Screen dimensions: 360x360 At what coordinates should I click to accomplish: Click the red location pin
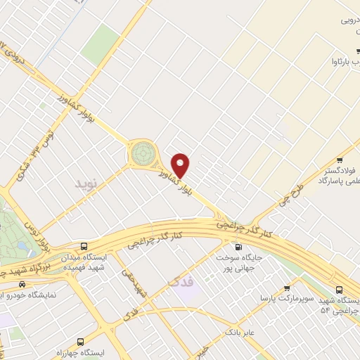click(181, 165)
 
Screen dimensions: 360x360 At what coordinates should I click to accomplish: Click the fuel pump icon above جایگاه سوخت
click(237, 247)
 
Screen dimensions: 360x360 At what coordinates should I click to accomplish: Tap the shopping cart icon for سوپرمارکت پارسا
click(287, 288)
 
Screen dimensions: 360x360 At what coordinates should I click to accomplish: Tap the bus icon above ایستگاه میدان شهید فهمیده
click(84, 247)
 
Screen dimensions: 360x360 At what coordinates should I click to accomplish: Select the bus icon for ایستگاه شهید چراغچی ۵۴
click(340, 289)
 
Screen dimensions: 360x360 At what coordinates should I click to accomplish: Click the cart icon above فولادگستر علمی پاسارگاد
click(341, 159)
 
